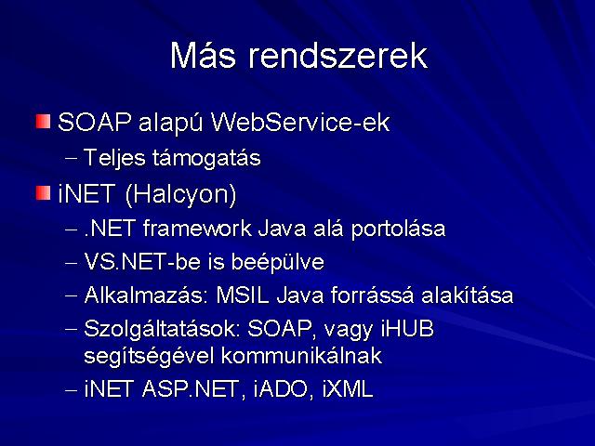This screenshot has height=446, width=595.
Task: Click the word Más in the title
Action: tap(203, 55)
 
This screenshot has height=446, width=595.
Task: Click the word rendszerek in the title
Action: tap(337, 56)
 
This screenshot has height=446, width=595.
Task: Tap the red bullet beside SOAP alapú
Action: tap(44, 122)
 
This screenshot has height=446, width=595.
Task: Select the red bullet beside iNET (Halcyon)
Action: tap(44, 192)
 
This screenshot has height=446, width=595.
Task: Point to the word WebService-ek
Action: tap(300, 123)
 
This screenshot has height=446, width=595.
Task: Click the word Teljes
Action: tap(114, 158)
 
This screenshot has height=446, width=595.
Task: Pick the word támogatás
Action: tap(206, 159)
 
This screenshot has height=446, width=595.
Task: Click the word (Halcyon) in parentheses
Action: tap(180, 194)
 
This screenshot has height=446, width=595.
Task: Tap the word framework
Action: tap(197, 229)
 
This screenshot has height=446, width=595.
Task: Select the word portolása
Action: tap(398, 230)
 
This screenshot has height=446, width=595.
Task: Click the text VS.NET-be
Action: tap(142, 262)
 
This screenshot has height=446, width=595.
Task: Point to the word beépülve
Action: tap(278, 263)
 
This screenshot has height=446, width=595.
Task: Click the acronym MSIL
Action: tap(243, 295)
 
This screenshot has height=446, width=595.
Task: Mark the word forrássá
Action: tap(372, 295)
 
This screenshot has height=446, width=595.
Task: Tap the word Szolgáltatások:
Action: tap(163, 329)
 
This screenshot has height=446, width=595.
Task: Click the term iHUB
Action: tap(407, 329)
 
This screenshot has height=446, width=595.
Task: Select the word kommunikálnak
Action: tap(301, 356)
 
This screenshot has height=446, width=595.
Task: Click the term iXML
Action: tap(348, 389)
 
